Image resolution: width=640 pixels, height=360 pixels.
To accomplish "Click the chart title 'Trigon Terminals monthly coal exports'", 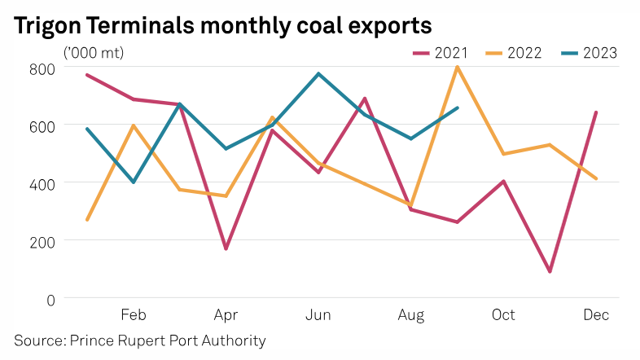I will pyautogui.click(x=222, y=25).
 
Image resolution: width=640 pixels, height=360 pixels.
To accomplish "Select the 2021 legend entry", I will pyautogui.click(x=441, y=54).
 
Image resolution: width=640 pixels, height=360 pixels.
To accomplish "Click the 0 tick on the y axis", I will pyautogui.click(x=49, y=299).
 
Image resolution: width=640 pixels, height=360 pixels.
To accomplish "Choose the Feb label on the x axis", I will pyautogui.click(x=133, y=315).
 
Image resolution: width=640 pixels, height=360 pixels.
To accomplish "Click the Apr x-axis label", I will pyautogui.click(x=226, y=315).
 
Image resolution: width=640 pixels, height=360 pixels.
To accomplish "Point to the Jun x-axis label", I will pyautogui.click(x=318, y=315).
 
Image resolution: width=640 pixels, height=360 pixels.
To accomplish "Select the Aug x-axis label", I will pyautogui.click(x=410, y=315).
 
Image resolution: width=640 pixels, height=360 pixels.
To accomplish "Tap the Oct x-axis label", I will pyautogui.click(x=503, y=315).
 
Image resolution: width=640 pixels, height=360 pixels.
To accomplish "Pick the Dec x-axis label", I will pyautogui.click(x=596, y=315).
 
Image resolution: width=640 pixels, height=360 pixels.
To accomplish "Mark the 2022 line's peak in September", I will pyautogui.click(x=458, y=67).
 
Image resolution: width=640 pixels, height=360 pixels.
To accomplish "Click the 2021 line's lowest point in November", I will pyautogui.click(x=550, y=271).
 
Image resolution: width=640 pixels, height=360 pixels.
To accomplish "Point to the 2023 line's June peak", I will pyautogui.click(x=318, y=73).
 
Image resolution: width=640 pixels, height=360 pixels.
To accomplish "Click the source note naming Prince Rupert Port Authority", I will pyautogui.click(x=140, y=340).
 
